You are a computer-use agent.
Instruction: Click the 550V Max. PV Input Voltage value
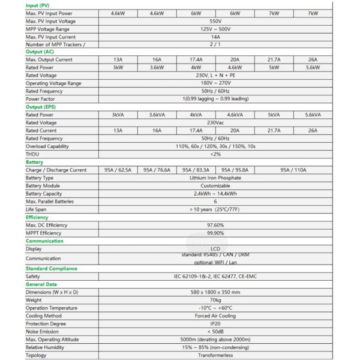click(215, 21)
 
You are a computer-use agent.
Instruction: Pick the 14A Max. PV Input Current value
click(215, 37)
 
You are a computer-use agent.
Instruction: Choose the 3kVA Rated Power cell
click(118, 115)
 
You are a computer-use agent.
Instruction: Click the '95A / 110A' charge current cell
click(293, 170)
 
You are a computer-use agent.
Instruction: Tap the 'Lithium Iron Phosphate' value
click(215, 178)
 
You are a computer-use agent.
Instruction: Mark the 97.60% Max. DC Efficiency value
click(215, 225)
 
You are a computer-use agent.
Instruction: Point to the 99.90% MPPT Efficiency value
click(215, 233)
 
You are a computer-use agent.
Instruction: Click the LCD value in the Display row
click(215, 248)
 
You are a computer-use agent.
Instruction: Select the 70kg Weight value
click(215, 300)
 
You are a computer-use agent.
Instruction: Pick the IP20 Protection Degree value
click(215, 323)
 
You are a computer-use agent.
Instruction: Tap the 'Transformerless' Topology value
click(215, 355)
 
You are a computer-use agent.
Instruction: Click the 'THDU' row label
click(33, 154)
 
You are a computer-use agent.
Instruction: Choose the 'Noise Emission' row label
click(42, 331)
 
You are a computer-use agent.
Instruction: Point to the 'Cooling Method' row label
click(43, 316)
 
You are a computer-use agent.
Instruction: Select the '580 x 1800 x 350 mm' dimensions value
click(215, 292)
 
